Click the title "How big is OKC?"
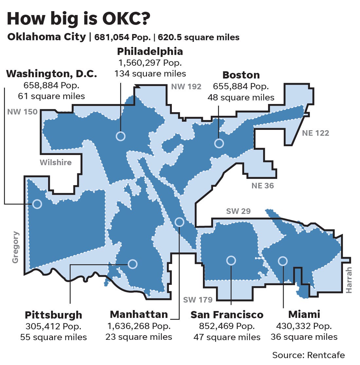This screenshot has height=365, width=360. click(79, 19)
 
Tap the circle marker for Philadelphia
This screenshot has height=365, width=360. click(121, 136)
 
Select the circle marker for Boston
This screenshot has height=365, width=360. click(219, 143)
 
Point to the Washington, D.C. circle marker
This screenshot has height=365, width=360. click(37, 204)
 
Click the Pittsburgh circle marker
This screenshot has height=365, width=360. click(133, 264)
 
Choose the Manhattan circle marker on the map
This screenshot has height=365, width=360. click(179, 222)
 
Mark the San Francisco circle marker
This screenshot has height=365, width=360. click(231, 260)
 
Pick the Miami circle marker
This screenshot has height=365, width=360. click(283, 261)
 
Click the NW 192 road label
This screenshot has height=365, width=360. click(186, 87)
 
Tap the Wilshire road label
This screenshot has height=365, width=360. click(56, 162)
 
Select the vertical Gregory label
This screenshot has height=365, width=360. click(16, 247)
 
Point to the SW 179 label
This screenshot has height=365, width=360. click(198, 299)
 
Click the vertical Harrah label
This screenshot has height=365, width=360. click(349, 280)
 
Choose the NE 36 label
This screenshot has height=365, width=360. click(262, 186)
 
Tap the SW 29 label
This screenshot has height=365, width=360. click(238, 211)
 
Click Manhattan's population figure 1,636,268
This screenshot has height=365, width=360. click(139, 326)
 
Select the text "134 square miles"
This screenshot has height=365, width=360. click(150, 74)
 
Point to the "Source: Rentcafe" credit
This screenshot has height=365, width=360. click(308, 355)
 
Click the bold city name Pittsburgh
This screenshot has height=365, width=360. click(53, 315)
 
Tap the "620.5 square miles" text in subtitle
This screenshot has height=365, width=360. click(199, 37)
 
